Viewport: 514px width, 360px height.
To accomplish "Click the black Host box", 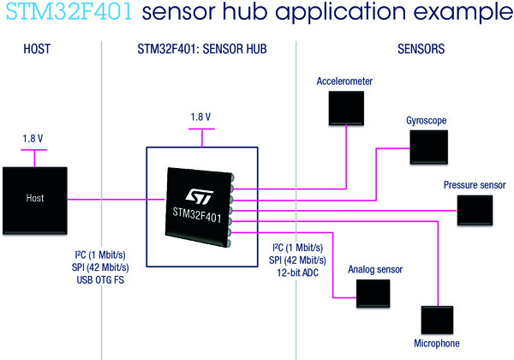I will tap(34, 199).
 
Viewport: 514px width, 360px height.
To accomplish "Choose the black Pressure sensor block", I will tap(475, 211).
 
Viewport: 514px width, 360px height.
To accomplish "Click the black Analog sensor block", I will tap(373, 295).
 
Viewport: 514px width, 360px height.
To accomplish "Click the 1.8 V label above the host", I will tap(33, 137).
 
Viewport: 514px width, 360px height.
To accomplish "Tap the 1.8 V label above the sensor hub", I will tap(200, 117).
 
